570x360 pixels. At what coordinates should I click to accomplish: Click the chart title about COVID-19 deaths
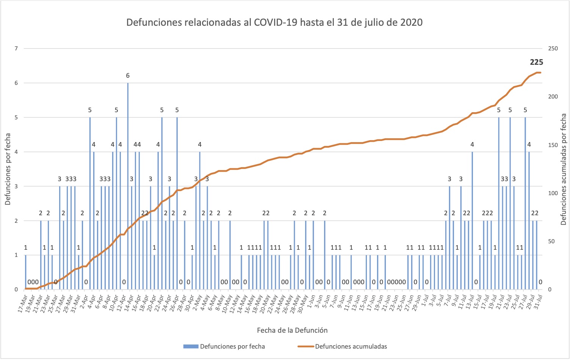(274, 22)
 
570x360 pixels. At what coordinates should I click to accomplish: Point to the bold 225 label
(536, 63)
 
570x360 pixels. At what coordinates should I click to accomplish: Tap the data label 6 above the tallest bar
(128, 76)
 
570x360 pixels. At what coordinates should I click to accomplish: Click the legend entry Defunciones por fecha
(232, 346)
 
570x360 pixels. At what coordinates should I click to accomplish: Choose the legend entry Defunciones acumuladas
(351, 346)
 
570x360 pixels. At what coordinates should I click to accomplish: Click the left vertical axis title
(8, 169)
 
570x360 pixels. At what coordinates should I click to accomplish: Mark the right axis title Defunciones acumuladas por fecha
(563, 169)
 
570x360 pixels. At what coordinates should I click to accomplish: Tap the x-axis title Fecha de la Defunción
(292, 330)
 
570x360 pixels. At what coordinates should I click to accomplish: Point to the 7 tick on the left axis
(16, 49)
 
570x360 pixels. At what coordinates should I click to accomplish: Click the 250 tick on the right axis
(553, 49)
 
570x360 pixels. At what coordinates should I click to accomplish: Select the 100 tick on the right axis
(553, 193)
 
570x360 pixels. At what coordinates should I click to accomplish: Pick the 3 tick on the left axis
(16, 186)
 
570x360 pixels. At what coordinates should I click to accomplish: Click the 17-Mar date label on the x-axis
(22, 304)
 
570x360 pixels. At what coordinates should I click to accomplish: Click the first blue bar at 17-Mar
(25, 272)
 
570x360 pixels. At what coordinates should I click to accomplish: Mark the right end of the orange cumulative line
(540, 72)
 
